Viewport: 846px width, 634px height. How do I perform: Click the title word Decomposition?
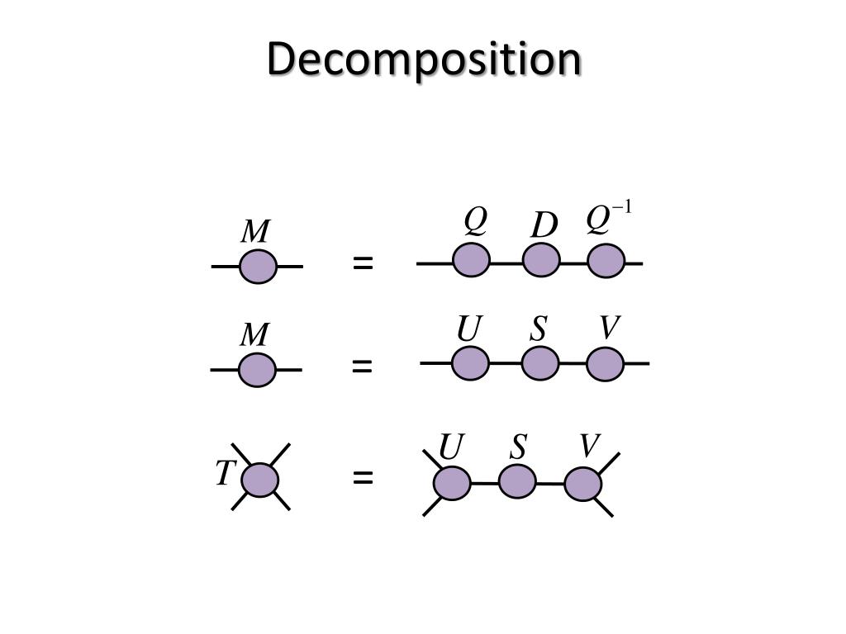(x=424, y=59)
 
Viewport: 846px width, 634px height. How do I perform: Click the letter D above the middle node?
(x=543, y=225)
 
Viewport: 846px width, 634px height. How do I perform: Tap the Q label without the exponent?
(x=474, y=220)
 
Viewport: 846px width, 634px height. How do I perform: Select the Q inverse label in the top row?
(x=607, y=219)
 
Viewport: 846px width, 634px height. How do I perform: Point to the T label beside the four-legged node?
(x=225, y=474)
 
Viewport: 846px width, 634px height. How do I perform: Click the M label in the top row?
(x=255, y=232)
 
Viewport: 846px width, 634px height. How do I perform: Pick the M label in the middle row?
(x=254, y=335)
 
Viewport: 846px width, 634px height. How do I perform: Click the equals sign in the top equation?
(x=363, y=264)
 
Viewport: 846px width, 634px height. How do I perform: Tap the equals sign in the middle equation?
(x=362, y=366)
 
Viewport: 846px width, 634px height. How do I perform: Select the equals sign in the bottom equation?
(x=363, y=478)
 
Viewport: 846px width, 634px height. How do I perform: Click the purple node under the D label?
(x=541, y=261)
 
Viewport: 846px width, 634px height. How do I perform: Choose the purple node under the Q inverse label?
(x=606, y=262)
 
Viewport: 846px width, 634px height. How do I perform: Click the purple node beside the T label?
(x=260, y=480)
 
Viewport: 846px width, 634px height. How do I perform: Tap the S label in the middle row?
(x=539, y=329)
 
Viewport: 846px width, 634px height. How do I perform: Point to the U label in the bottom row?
(x=450, y=448)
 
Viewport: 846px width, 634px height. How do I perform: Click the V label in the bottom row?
(x=588, y=447)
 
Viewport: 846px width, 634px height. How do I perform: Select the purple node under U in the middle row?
(x=471, y=363)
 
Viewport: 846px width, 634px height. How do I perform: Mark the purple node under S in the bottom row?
(x=517, y=481)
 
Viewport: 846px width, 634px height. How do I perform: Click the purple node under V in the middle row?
(x=606, y=364)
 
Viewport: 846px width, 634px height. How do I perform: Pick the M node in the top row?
(x=258, y=267)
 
